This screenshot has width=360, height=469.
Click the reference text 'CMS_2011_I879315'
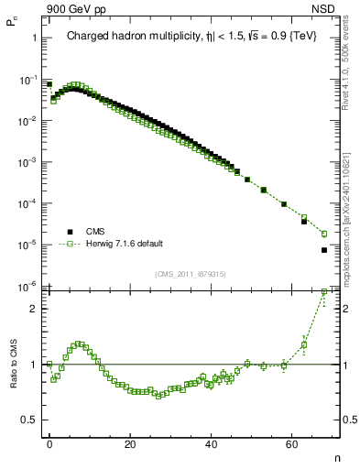[x=191, y=274]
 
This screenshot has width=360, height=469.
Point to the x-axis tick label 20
[x=131, y=444]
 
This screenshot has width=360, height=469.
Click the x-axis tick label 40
[x=212, y=444]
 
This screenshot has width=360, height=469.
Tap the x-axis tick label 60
[x=293, y=444]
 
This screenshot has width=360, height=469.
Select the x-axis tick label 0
[x=49, y=444]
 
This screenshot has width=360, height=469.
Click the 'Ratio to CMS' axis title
[x=13, y=380]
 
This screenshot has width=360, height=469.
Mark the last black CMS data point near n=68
[x=324, y=250]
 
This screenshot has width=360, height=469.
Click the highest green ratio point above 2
[x=324, y=292]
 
